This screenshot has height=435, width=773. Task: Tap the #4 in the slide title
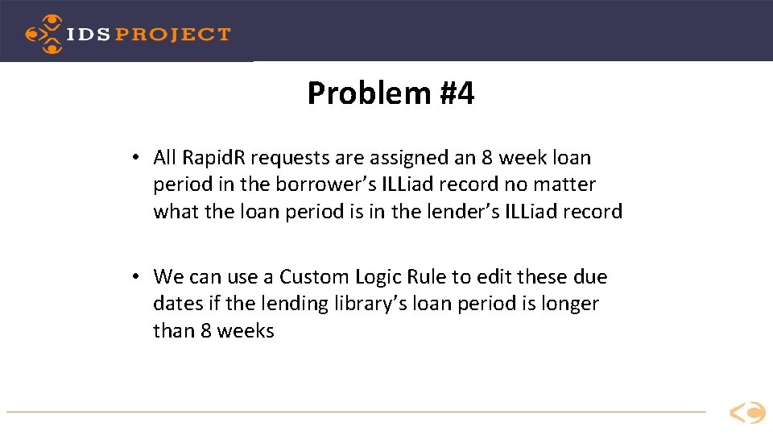click(457, 94)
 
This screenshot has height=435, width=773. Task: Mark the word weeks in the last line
click(246, 331)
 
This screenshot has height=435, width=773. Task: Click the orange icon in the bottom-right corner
click(747, 413)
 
